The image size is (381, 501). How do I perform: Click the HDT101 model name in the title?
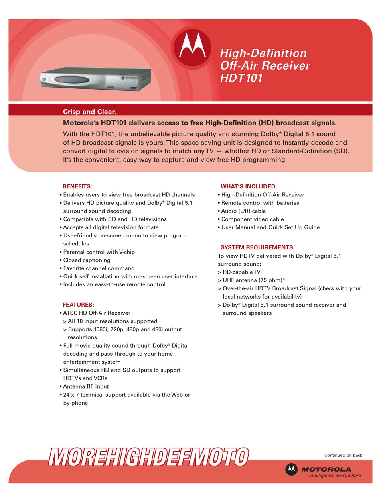point(241,78)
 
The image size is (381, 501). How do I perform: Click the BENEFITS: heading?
point(77,186)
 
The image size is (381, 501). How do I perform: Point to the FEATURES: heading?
point(78,305)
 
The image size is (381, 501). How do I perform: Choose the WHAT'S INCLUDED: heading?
point(248,186)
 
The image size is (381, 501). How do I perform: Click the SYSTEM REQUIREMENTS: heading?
point(257,247)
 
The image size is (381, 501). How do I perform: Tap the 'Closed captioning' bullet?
point(87,260)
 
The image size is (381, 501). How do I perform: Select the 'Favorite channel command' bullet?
point(99,268)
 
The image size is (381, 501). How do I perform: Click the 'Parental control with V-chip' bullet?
point(99,252)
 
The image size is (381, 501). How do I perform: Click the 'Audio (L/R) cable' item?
point(243,211)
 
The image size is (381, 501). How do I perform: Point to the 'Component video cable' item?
point(252,219)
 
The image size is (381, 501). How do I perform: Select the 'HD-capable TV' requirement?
point(241,272)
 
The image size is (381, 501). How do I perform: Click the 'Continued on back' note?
point(343,455)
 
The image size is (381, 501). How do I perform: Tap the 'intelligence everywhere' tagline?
point(335,475)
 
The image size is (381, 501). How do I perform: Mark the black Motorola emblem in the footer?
point(292,469)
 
